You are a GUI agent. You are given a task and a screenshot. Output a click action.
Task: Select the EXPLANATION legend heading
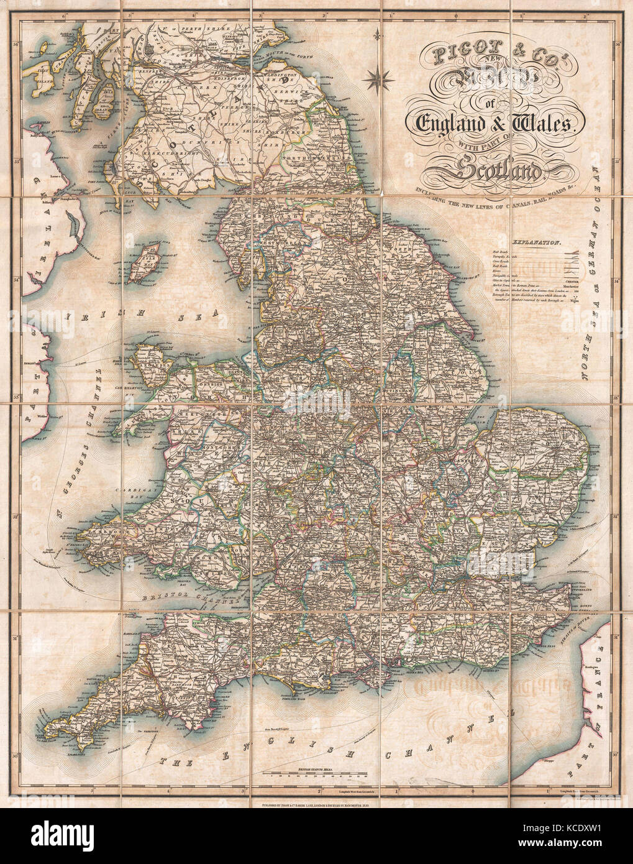[x=536, y=244]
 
